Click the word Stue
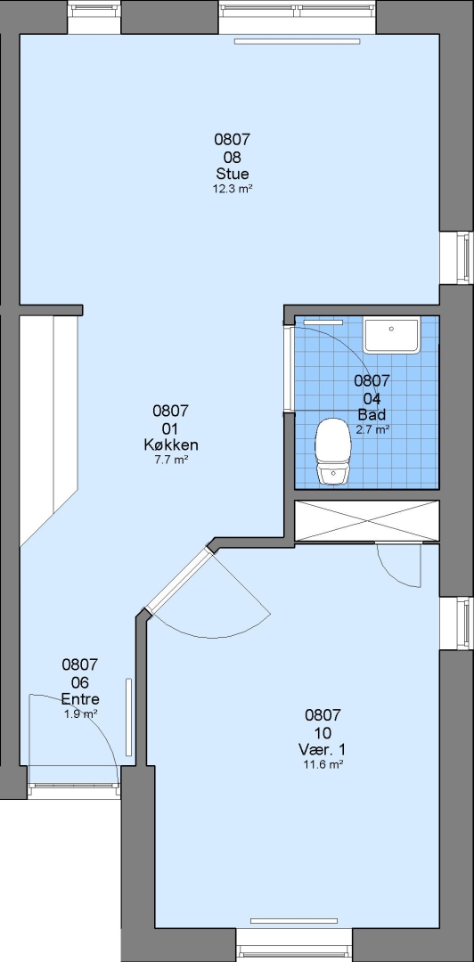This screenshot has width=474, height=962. (x=232, y=174)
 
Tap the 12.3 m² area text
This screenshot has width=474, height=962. (x=233, y=189)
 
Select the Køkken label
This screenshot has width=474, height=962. (x=171, y=444)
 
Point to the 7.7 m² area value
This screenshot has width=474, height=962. (x=171, y=459)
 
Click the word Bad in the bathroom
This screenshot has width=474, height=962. (x=372, y=414)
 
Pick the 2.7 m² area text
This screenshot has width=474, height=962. (x=372, y=429)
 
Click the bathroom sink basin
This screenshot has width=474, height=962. (x=391, y=335)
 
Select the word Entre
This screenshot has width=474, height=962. (x=80, y=699)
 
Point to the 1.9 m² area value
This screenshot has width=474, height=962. (x=81, y=714)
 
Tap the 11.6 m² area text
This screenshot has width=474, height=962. (x=323, y=764)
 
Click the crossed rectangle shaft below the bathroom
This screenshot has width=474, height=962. (x=367, y=521)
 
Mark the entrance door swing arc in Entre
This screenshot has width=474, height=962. (x=98, y=714)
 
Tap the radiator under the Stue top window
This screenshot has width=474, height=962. (x=298, y=42)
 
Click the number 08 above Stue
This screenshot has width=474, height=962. (x=232, y=157)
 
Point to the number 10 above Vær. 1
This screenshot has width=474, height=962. (x=323, y=733)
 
